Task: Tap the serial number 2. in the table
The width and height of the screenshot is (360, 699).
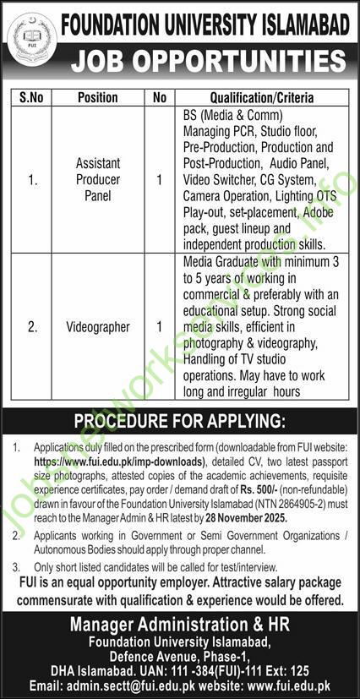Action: click(x=34, y=325)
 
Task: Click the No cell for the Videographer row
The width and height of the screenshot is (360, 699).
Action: click(x=160, y=325)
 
